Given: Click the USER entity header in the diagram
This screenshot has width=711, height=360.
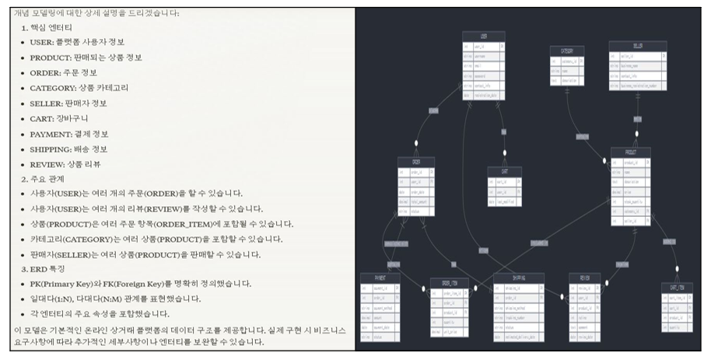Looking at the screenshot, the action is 483,35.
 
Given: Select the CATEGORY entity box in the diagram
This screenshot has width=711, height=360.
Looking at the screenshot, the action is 566,66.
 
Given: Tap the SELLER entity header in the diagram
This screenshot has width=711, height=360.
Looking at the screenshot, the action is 637,46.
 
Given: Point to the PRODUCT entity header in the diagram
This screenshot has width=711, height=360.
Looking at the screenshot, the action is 630,151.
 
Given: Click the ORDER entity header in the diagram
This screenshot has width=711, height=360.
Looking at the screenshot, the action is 415,162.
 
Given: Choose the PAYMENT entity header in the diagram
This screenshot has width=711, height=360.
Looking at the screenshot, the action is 380,278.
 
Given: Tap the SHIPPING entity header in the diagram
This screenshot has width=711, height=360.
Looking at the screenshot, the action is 518,278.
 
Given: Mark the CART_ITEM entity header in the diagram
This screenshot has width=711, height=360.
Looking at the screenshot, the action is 675,287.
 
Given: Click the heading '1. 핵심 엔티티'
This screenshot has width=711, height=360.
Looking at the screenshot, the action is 49,27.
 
